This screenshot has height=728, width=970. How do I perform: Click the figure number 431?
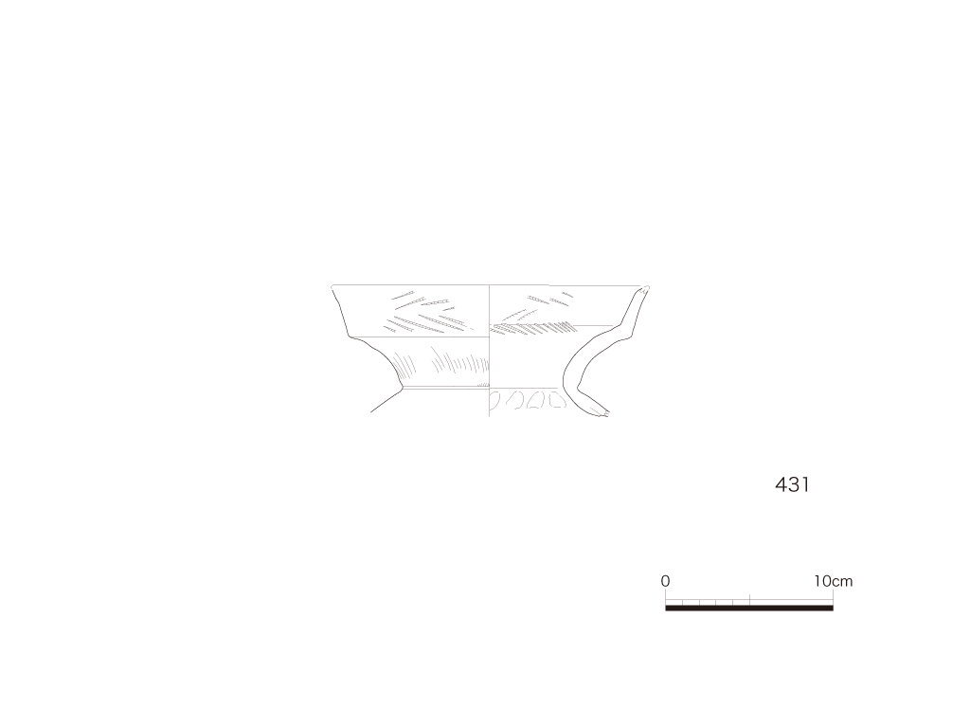(792, 484)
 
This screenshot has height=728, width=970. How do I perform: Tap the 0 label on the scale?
(665, 581)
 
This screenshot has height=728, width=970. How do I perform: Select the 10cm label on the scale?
(834, 581)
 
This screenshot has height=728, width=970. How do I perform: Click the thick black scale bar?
(749, 608)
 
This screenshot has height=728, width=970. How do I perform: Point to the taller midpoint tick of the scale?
(750, 599)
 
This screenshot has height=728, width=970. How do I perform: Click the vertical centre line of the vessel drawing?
(490, 351)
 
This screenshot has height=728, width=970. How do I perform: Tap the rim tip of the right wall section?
(646, 287)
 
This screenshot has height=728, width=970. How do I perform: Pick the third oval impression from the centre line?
(535, 400)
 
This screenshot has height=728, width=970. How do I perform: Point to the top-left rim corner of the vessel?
(332, 286)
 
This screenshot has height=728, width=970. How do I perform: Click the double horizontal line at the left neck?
(445, 388)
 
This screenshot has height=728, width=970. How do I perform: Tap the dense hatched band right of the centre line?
(533, 327)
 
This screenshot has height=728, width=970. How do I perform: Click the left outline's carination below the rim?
(352, 337)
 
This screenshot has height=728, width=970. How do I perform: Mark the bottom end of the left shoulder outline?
(371, 411)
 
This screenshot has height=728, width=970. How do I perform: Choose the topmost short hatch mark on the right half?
(566, 295)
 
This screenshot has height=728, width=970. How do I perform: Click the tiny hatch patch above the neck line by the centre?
(483, 385)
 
